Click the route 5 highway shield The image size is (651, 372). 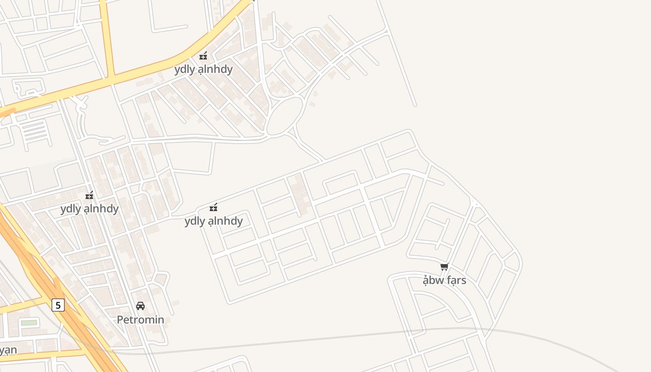[58, 305]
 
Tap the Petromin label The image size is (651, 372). [140, 320]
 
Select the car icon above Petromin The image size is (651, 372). [140, 306]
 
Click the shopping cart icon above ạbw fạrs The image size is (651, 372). [444, 267]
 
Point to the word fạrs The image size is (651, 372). [455, 280]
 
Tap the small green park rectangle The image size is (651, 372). [29, 323]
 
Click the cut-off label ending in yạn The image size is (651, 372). [8, 350]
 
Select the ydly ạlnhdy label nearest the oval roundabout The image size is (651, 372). [203, 69]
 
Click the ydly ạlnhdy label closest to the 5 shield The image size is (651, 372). [89, 209]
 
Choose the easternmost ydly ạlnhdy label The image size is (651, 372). [213, 221]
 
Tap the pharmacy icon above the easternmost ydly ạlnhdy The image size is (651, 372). [213, 207]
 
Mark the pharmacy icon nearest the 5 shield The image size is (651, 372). [89, 195]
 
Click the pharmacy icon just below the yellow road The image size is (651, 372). [203, 56]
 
